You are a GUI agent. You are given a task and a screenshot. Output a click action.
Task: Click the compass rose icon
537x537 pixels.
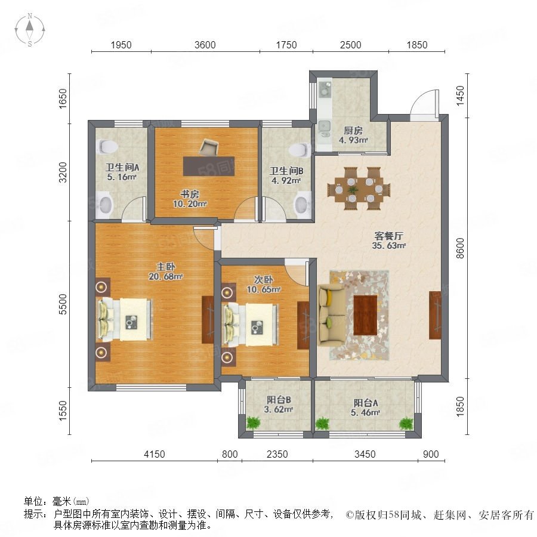click(x=30, y=30)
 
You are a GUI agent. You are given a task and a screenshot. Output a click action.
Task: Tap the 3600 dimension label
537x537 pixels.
click(x=205, y=45)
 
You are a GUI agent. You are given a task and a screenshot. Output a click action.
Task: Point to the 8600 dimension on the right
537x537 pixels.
click(x=461, y=248)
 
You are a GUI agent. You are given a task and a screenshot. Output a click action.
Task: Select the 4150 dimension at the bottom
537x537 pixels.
click(x=155, y=454)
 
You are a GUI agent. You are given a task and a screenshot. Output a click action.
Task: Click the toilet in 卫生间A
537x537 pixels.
click(x=107, y=147)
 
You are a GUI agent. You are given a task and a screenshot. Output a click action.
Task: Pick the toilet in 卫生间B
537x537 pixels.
click(x=300, y=150)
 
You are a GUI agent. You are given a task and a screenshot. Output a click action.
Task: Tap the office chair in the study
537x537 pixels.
click(x=209, y=147)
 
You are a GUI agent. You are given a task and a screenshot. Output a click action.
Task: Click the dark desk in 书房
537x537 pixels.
click(x=209, y=166)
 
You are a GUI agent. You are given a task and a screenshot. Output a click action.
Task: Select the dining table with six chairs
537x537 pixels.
click(x=359, y=189)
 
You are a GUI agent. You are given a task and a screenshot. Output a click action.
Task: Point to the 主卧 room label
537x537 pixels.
click(x=166, y=267)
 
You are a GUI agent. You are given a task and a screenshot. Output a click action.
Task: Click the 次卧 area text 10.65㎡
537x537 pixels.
click(x=264, y=289)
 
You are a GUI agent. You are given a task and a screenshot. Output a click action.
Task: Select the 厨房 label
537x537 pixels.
click(x=353, y=131)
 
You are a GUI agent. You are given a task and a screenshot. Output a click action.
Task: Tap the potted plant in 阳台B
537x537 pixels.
click(x=253, y=422)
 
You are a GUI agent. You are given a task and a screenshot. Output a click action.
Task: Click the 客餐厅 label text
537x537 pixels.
click(x=388, y=236)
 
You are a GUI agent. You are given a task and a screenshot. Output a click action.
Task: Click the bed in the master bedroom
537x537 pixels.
click(x=125, y=320)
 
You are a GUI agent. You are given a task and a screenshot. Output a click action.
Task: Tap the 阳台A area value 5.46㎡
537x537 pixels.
click(x=365, y=413)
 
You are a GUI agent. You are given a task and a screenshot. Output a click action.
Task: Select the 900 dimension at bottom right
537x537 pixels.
click(x=431, y=454)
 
